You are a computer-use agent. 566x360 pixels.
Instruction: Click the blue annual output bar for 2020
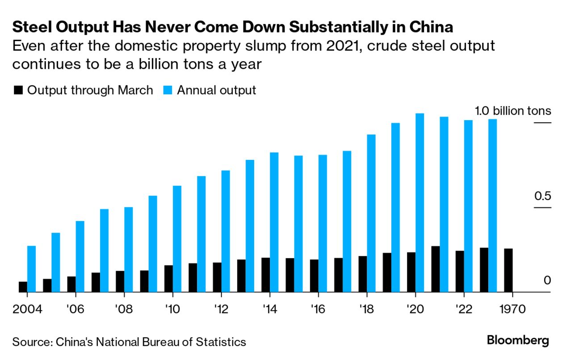tap(419, 203)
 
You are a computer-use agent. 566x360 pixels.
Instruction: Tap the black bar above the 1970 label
tap(508, 270)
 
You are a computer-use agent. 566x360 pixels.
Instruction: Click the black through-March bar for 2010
tap(168, 279)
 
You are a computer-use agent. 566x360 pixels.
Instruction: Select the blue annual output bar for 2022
tap(468, 206)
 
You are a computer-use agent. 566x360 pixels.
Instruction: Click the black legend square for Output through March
tap(18, 90)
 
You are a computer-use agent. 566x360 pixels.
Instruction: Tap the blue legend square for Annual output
tap(168, 90)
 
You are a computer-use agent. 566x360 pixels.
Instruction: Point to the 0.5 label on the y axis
tap(541, 196)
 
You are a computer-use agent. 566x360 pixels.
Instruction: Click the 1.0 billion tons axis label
tap(513, 111)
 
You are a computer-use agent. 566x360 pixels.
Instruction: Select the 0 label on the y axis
tap(547, 280)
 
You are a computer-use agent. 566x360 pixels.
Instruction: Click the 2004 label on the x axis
tap(27, 309)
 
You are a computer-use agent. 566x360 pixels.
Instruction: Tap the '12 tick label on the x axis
tap(221, 309)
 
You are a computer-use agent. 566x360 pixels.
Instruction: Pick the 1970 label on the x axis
tap(512, 309)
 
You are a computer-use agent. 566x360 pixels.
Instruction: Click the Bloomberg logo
tap(518, 341)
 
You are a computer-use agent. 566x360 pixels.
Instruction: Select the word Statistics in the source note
tap(221, 342)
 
